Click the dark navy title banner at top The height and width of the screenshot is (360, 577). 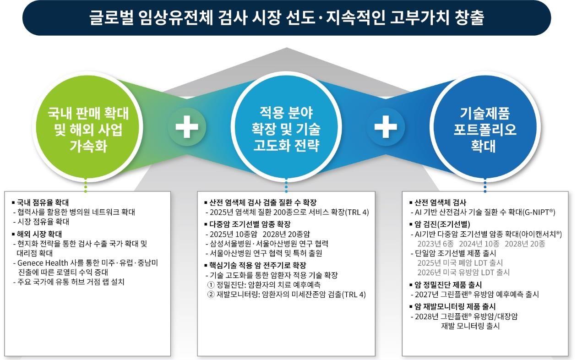coord(287,18)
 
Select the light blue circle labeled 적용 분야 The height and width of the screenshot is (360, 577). coord(286,127)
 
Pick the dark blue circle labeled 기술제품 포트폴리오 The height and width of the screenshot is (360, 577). coord(485,127)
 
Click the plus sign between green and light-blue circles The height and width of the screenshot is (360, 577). coord(187,127)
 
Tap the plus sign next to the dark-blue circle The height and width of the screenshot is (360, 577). coord(386,127)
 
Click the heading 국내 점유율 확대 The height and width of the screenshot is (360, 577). coord(43,202)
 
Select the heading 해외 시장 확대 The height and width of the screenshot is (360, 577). coord(39,234)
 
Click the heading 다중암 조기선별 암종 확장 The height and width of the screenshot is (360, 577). coord(250,224)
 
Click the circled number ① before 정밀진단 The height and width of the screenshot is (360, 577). coord(211,285)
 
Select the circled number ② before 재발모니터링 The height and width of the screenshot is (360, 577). coord(211,295)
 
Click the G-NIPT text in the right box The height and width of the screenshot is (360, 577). coord(538,213)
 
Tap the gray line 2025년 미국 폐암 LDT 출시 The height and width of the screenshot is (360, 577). coord(460,263)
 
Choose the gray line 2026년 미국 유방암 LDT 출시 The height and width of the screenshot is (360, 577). coord(463,273)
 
